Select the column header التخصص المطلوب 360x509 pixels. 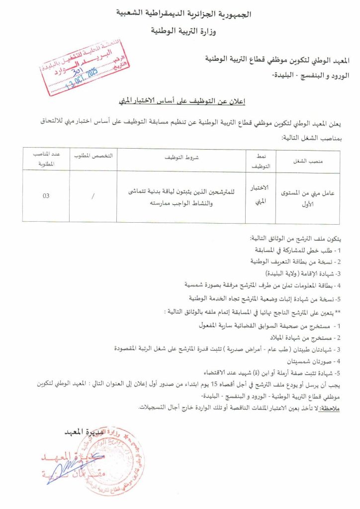(93, 156)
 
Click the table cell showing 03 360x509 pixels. (46, 196)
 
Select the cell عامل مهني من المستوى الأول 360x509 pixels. (308, 196)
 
